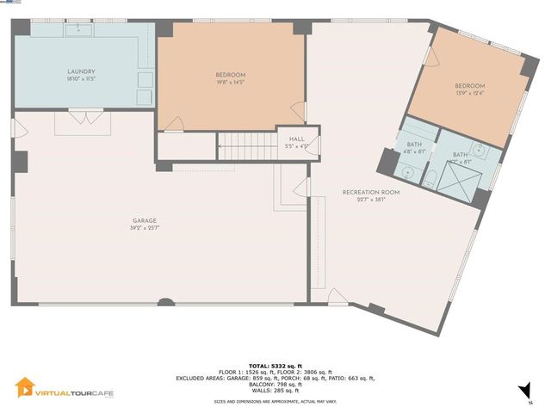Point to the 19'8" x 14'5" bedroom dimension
230,83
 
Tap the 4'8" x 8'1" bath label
415,151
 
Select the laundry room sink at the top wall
84,28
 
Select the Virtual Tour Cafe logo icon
26,389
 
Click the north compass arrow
523,393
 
